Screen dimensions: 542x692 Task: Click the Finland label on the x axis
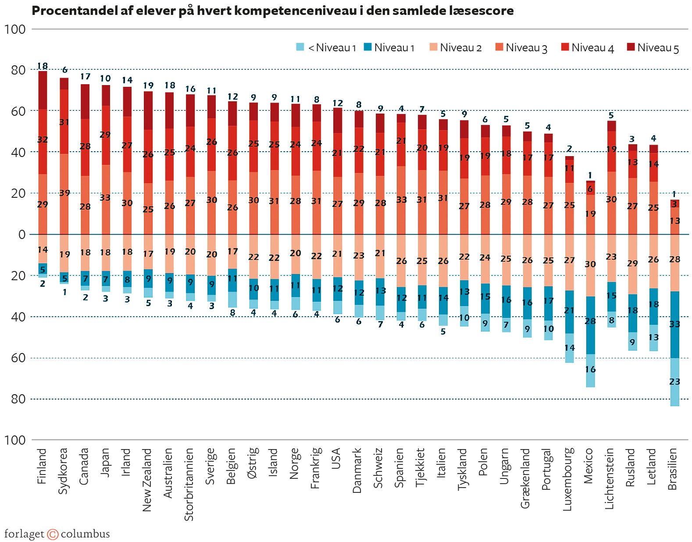pyautogui.click(x=42, y=466)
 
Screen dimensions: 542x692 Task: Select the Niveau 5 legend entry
pyautogui.click(x=657, y=48)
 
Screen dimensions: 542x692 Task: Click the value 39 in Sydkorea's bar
pyautogui.click(x=64, y=193)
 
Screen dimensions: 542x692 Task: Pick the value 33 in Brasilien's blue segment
pyautogui.click(x=674, y=324)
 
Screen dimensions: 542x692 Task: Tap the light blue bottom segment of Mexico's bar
pyautogui.click(x=590, y=371)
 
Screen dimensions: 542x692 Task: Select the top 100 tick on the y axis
pyautogui.click(x=15, y=29)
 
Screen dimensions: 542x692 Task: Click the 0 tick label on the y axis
pyautogui.click(x=21, y=235)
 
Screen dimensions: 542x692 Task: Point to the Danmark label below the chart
pyautogui.click(x=357, y=470)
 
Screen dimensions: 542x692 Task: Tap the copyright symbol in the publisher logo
pyautogui.click(x=53, y=534)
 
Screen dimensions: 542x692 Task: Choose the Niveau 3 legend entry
pyautogui.click(x=526, y=48)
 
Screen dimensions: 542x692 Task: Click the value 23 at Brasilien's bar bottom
pyautogui.click(x=674, y=382)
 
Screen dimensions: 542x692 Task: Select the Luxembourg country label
pyautogui.click(x=567, y=479)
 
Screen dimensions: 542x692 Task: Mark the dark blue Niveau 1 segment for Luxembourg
pyautogui.click(x=569, y=312)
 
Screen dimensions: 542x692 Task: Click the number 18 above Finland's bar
pyautogui.click(x=42, y=66)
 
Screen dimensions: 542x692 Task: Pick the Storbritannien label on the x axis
pyautogui.click(x=189, y=484)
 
